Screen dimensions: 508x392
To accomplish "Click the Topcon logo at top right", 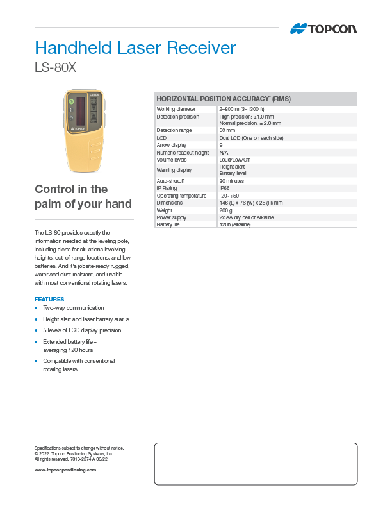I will pos(323,29).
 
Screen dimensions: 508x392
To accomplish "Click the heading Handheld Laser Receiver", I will pos(135,48).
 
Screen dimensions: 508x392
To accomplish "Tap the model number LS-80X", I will pos(55,67).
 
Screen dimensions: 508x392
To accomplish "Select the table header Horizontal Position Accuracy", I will pos(224,99).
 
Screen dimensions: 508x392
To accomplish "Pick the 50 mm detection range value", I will pos(227,130).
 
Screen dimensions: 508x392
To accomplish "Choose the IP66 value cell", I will pos(224,188).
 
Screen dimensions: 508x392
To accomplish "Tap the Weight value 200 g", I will pos(225,210).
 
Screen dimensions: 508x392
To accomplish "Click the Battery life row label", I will pos(168,224).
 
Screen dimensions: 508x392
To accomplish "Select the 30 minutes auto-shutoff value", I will pos(231,181).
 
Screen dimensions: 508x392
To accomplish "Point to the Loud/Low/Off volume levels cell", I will pos(234,159).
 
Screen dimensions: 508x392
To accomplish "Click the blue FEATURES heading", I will pos(49,299).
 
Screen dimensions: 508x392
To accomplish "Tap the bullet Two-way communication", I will pos(73,308).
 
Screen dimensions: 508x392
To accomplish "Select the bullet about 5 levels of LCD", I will pos(81,330).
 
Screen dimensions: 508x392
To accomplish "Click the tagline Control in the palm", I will pos(83,197).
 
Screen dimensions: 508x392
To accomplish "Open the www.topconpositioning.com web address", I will pos(65,470).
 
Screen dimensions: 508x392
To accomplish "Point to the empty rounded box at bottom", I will pos(256,463).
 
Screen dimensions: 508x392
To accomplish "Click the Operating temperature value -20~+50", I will pos(229,196).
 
